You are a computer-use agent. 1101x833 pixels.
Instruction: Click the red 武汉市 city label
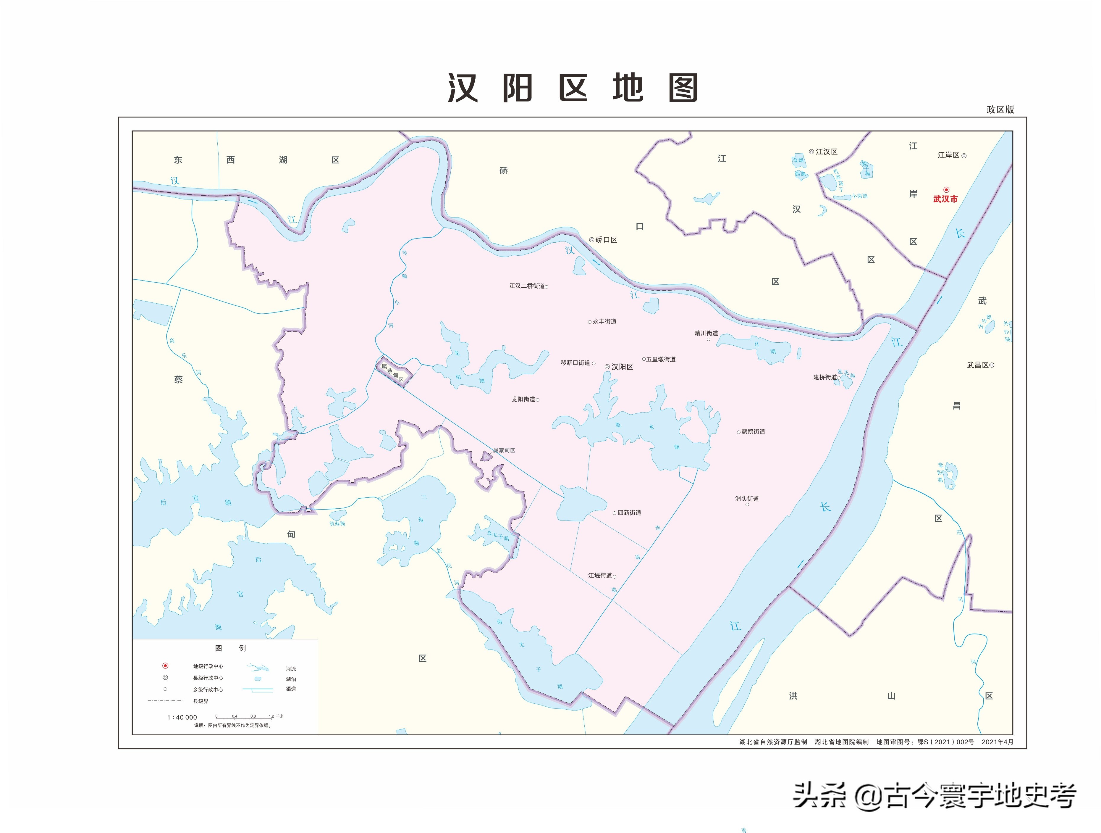pos(945,199)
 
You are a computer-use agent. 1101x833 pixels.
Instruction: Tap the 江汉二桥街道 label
pos(527,286)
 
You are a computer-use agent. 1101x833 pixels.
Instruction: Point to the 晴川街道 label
pos(706,333)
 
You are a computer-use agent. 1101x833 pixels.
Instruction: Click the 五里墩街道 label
pos(660,359)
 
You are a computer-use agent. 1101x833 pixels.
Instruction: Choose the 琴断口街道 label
pos(575,362)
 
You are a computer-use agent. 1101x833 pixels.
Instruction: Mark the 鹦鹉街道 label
pos(753,432)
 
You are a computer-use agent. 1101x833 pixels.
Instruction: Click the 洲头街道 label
pos(747,498)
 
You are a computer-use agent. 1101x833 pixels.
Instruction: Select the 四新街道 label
pos(629,512)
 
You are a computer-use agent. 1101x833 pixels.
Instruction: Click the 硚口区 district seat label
pos(606,239)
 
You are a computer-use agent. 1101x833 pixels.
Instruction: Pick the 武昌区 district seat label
pos(978,365)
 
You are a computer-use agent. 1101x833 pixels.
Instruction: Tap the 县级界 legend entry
pos(201,701)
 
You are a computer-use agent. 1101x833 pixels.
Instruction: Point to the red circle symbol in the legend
pos(165,666)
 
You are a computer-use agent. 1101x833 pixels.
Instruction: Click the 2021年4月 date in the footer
pos(997,742)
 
